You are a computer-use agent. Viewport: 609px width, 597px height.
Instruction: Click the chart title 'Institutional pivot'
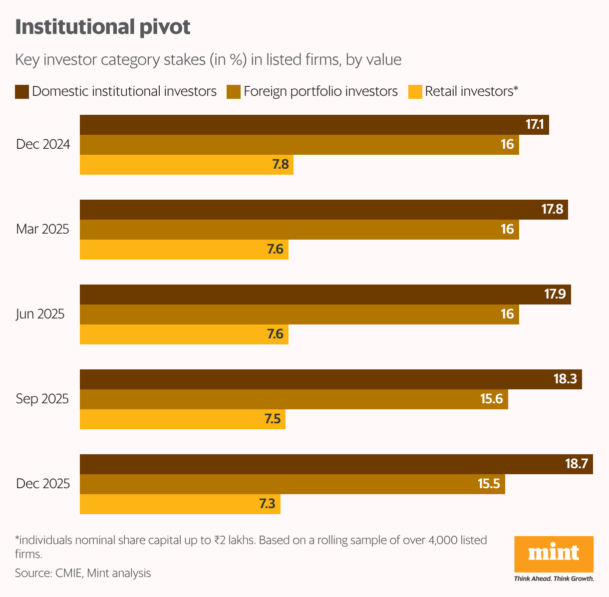(x=103, y=27)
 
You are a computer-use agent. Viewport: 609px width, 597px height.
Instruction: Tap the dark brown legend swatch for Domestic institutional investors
(x=22, y=92)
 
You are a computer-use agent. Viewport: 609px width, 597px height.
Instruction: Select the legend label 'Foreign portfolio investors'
(x=320, y=91)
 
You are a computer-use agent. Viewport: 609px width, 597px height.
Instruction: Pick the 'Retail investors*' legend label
(x=472, y=91)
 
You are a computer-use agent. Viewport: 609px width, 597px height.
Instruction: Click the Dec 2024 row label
(x=43, y=145)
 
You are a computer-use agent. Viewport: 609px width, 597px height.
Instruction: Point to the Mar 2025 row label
(x=42, y=229)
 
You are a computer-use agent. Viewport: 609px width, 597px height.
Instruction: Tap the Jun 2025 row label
(x=40, y=314)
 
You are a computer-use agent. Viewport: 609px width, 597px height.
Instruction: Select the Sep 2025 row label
(x=42, y=399)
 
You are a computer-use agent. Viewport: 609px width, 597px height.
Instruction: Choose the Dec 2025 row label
(x=43, y=484)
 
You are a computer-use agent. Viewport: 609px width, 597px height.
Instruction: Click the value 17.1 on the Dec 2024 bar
(x=534, y=125)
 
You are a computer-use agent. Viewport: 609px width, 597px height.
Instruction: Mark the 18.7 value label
(x=576, y=464)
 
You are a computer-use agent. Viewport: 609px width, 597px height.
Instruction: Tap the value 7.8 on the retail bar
(x=281, y=164)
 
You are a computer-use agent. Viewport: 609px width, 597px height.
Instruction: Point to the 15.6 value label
(x=491, y=399)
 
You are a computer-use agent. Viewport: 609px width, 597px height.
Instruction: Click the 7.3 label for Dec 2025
(x=267, y=504)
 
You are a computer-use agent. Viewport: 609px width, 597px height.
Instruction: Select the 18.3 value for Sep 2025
(x=565, y=379)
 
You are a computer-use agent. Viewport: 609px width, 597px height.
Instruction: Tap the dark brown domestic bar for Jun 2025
(x=309, y=295)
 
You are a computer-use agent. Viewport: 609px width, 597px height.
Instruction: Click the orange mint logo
(x=554, y=553)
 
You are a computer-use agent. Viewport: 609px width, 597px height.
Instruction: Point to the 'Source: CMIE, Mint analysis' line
(x=83, y=573)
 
